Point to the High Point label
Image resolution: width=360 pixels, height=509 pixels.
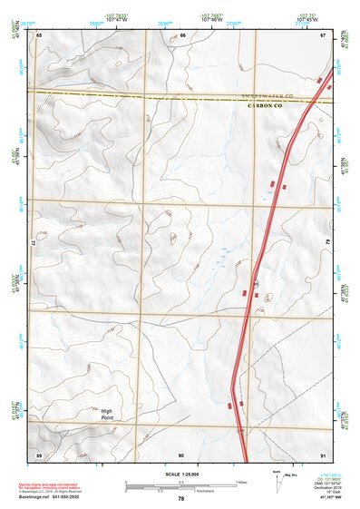(x=106, y=413)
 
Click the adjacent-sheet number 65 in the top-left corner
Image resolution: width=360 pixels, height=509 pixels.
(x=39, y=34)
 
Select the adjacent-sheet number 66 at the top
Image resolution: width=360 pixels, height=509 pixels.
(x=182, y=34)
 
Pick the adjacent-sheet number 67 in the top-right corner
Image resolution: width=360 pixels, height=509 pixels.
(x=323, y=34)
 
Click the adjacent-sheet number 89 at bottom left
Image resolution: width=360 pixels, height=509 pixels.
(x=39, y=454)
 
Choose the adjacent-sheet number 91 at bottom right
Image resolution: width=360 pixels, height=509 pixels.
(x=323, y=454)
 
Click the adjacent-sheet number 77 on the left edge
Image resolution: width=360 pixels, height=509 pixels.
(x=36, y=244)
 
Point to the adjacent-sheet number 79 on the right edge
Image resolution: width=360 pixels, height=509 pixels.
(x=326, y=244)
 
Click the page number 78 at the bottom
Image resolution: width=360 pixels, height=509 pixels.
(x=181, y=499)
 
